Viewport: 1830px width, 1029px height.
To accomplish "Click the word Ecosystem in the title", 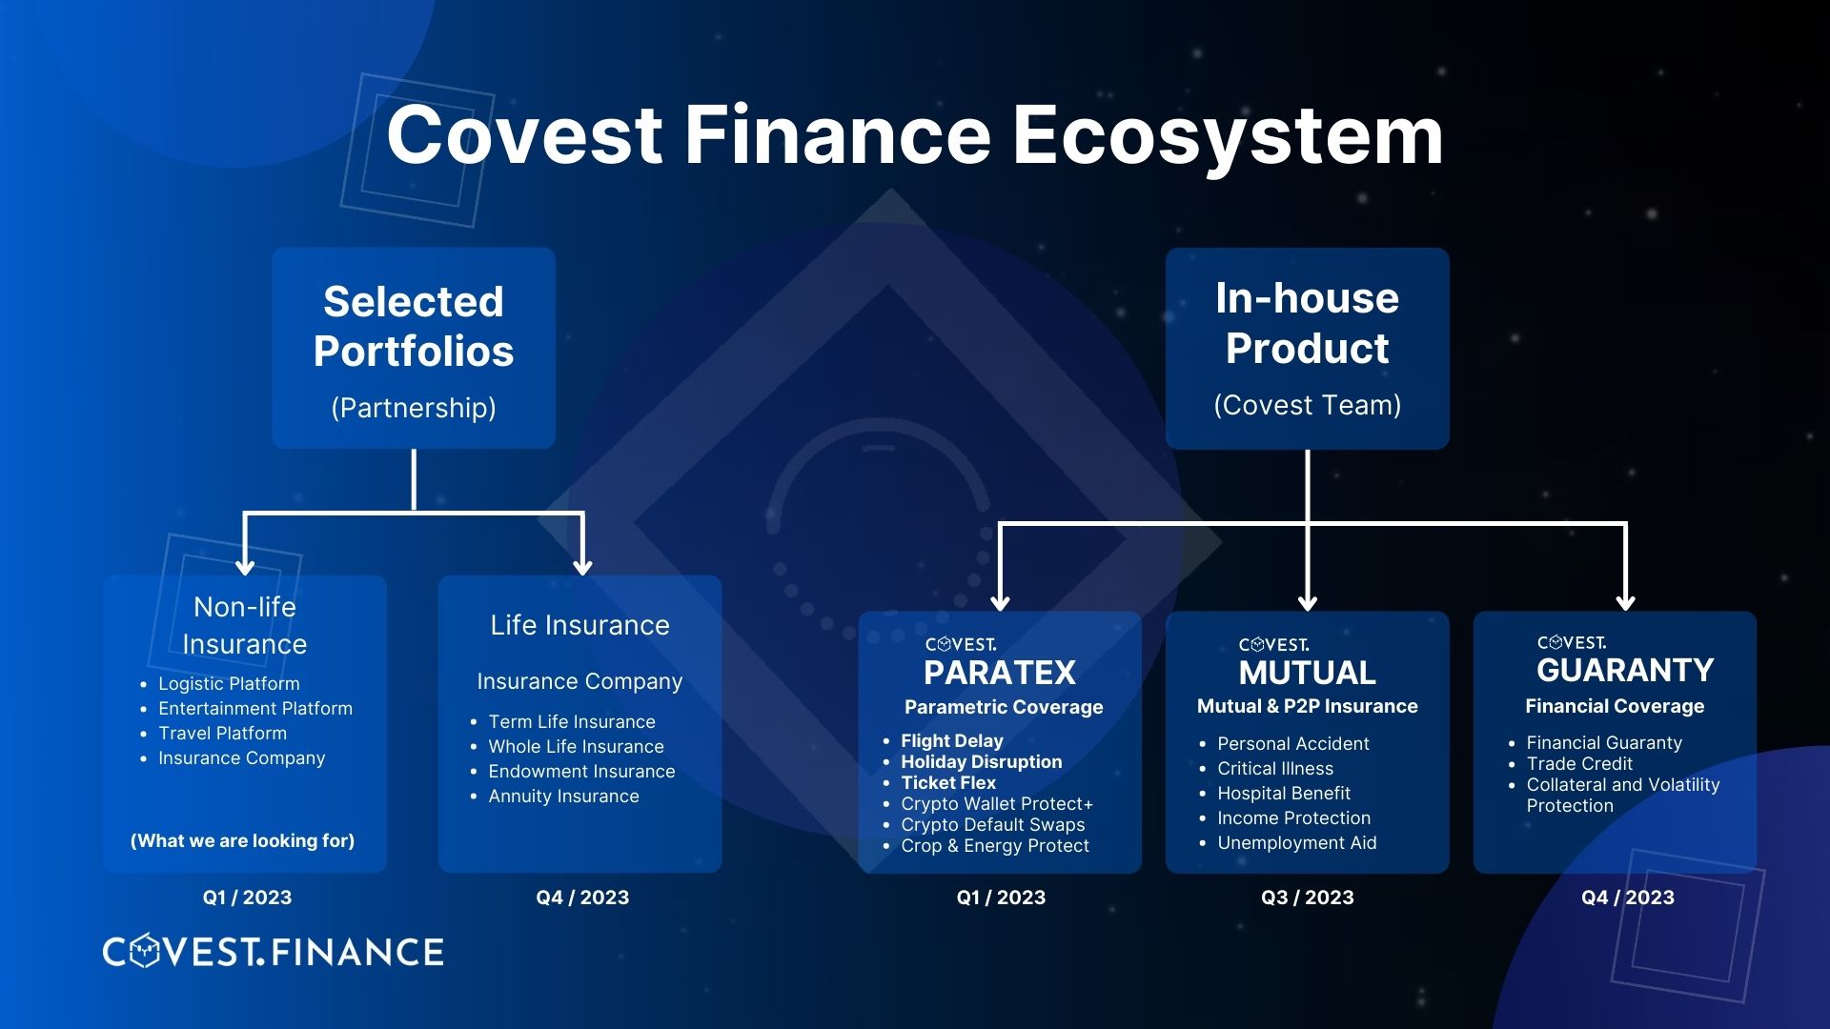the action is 1228,136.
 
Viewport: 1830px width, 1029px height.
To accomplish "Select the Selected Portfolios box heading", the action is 414,326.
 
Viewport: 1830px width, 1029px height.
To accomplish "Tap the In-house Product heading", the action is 1307,323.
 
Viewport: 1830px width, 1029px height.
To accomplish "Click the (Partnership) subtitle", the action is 414,408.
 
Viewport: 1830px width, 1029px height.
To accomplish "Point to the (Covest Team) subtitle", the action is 1307,405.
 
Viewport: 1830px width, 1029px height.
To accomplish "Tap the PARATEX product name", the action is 1000,673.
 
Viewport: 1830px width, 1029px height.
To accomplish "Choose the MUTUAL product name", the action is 1307,673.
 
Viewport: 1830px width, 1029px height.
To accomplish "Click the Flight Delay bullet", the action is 952,740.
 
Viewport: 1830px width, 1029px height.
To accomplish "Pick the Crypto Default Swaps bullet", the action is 993,824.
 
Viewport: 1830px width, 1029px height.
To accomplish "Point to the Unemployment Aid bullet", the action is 1296,842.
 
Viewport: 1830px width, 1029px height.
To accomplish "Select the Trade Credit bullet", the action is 1579,763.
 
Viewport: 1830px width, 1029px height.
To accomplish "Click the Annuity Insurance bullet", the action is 563,796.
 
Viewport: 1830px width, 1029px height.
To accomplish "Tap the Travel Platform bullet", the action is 222,733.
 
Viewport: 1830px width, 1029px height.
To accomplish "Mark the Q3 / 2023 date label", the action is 1307,898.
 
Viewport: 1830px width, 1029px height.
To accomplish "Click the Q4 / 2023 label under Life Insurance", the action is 582,898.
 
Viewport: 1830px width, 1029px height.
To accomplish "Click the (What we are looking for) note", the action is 242,840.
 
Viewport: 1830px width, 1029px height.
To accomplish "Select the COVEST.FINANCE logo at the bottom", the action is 273,952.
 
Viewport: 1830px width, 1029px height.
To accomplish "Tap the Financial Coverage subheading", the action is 1614,706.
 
